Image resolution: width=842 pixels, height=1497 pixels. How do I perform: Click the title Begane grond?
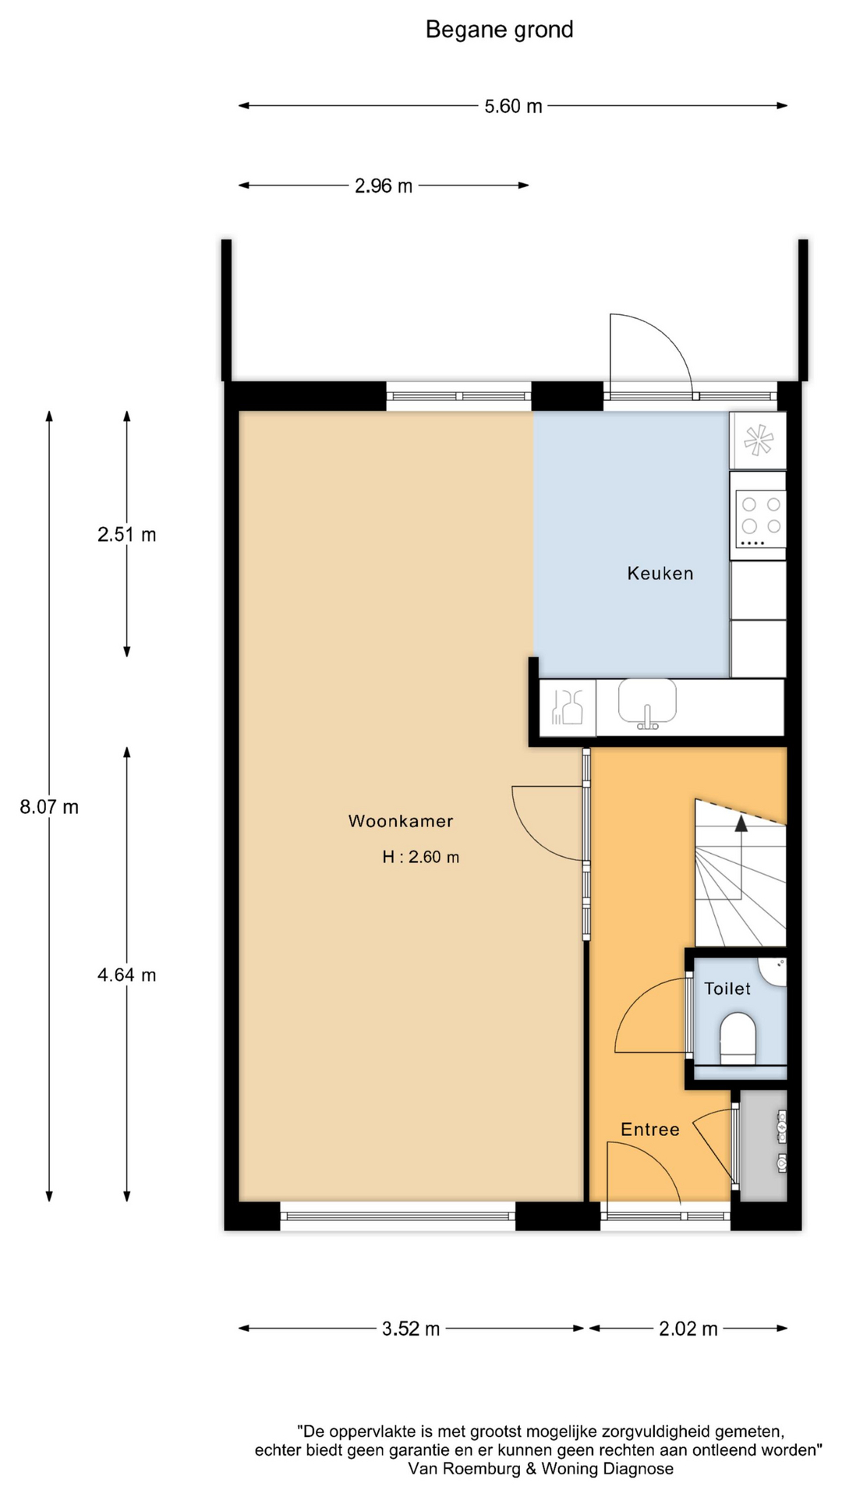pyautogui.click(x=499, y=30)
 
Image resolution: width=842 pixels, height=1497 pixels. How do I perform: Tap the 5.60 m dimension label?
pyautogui.click(x=513, y=106)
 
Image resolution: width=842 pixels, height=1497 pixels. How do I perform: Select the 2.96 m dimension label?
pyautogui.click(x=384, y=186)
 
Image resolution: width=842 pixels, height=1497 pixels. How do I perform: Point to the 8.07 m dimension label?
pyautogui.click(x=49, y=807)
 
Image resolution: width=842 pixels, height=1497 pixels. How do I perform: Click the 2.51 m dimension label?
pyautogui.click(x=127, y=535)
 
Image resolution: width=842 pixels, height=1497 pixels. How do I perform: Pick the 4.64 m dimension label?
pyautogui.click(x=127, y=975)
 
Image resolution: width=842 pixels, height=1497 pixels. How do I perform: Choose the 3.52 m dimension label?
pyautogui.click(x=411, y=1329)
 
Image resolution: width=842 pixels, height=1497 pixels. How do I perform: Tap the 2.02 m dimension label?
pyautogui.click(x=688, y=1329)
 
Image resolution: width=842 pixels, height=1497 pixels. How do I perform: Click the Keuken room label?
pyautogui.click(x=660, y=574)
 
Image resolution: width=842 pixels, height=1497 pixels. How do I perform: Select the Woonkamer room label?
pyautogui.click(x=401, y=821)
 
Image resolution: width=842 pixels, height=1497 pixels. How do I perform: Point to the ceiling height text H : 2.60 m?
pyautogui.click(x=421, y=857)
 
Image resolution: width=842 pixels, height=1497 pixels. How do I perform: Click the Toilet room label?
pyautogui.click(x=727, y=989)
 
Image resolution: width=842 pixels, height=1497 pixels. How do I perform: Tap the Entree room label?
pyautogui.click(x=650, y=1130)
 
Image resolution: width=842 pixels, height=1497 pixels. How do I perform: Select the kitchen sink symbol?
pyautogui.click(x=647, y=702)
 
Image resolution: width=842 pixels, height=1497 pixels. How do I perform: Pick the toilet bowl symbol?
pyautogui.click(x=738, y=1038)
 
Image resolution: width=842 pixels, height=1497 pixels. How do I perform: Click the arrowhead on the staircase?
pyautogui.click(x=741, y=823)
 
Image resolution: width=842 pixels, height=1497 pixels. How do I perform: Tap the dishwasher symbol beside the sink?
pyautogui.click(x=568, y=707)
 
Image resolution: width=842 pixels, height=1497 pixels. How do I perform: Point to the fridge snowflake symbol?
pyautogui.click(x=758, y=441)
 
